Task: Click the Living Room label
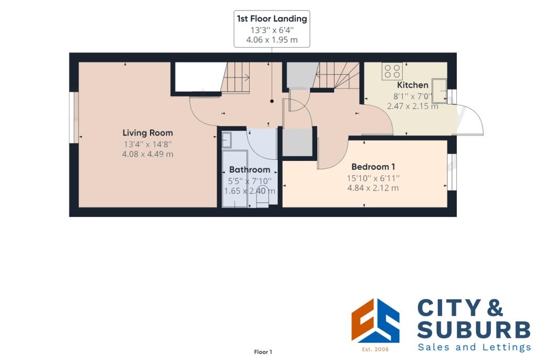[x=147, y=133]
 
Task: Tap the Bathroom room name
[x=250, y=170]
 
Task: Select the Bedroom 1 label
[x=372, y=167]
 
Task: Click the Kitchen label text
[x=412, y=85]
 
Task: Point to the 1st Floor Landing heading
[x=272, y=19]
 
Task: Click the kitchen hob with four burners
[x=392, y=71]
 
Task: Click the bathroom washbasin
[x=227, y=140]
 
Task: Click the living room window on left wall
[x=74, y=117]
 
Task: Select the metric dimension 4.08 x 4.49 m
[x=147, y=154]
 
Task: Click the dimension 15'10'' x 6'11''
[x=372, y=178]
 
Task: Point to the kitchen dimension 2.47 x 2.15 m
[x=412, y=106]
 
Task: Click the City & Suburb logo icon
[x=375, y=320]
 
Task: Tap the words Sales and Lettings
[x=474, y=347]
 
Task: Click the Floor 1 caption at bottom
[x=263, y=352]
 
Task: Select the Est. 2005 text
[x=375, y=348]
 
